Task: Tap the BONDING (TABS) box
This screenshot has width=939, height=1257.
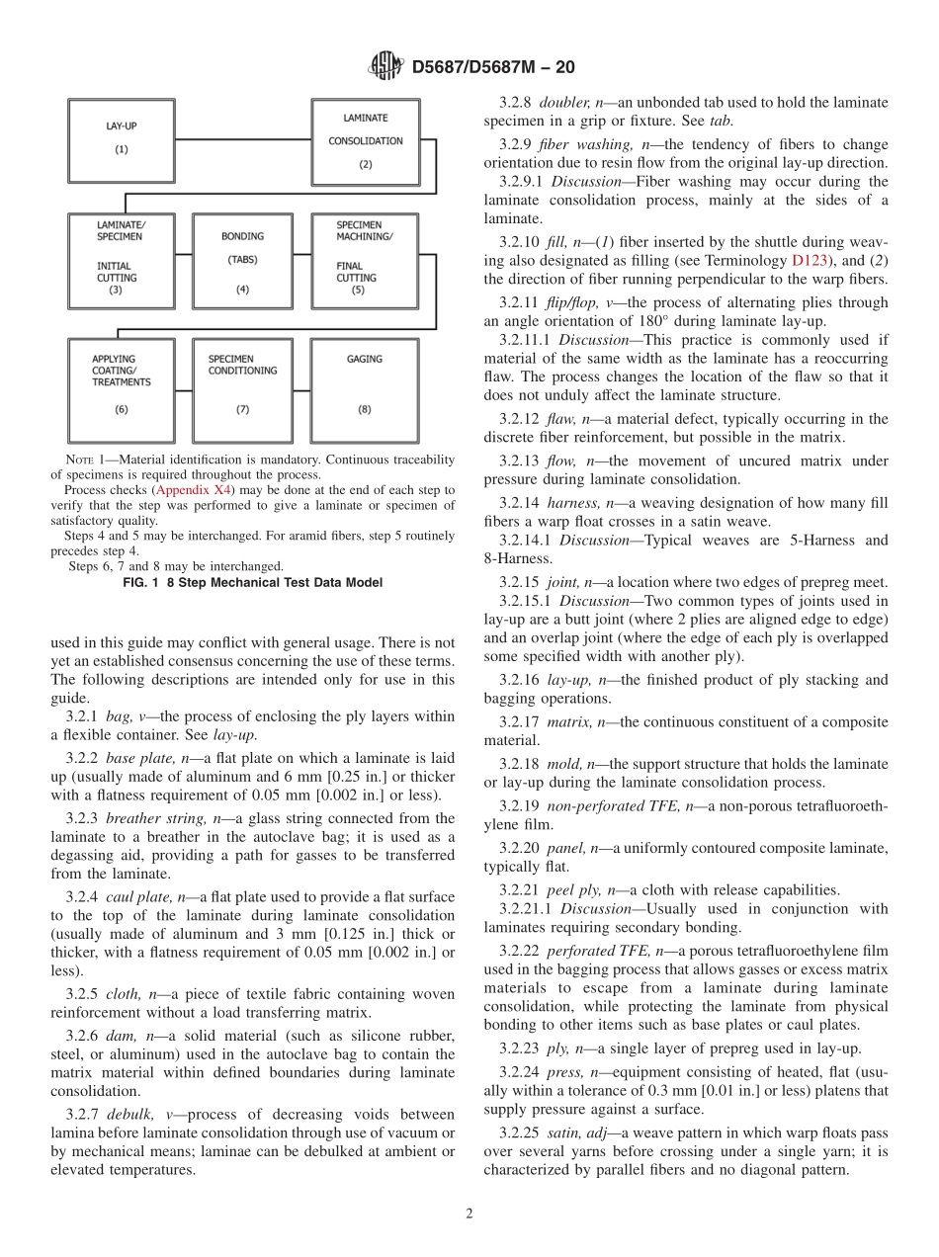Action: tap(242, 261)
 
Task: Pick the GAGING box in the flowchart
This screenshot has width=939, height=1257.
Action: tap(364, 390)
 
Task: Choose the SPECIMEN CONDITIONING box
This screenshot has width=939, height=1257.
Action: tap(242, 390)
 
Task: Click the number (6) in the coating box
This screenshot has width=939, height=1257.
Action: tap(121, 408)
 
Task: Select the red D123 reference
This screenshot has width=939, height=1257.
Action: tap(810, 261)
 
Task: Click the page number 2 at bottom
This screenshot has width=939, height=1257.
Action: tap(469, 1215)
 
